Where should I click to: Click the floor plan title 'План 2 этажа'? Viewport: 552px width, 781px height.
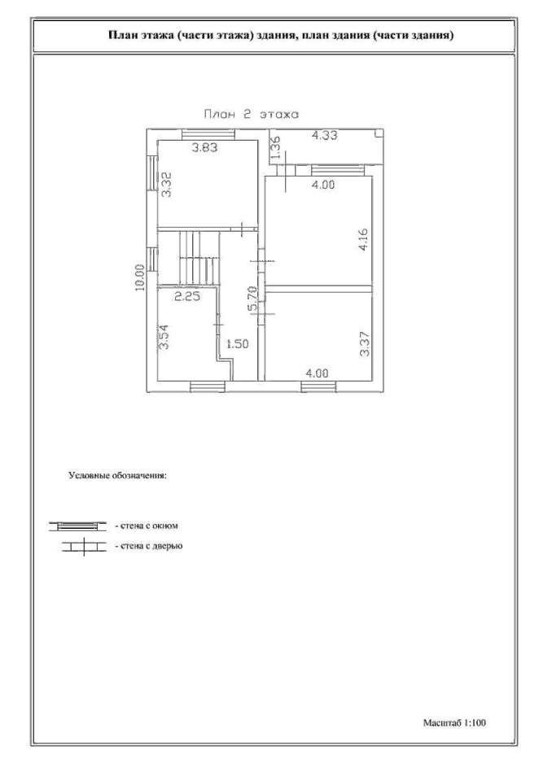[252, 115]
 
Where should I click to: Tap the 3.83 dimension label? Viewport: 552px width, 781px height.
[205, 147]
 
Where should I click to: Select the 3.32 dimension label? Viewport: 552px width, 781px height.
[167, 185]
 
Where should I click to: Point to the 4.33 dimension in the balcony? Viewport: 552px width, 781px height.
[325, 136]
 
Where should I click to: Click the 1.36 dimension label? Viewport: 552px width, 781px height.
[278, 148]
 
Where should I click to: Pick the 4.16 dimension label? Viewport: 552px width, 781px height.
[363, 240]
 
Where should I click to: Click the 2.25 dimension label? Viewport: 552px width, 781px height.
[187, 297]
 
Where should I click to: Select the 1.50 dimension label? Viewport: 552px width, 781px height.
[237, 343]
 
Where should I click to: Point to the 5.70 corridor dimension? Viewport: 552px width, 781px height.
[253, 299]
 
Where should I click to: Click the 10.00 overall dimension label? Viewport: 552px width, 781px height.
[139, 277]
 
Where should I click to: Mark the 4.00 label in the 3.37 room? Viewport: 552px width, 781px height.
[318, 373]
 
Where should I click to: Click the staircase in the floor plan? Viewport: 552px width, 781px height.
[199, 258]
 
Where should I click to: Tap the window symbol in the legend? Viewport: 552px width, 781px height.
[77, 526]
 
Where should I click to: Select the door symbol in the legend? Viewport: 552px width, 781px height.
[84, 547]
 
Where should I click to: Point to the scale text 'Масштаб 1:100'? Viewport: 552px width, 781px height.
[454, 722]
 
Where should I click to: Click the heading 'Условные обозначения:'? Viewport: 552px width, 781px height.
[117, 475]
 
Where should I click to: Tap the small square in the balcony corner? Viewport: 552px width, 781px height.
[379, 133]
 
